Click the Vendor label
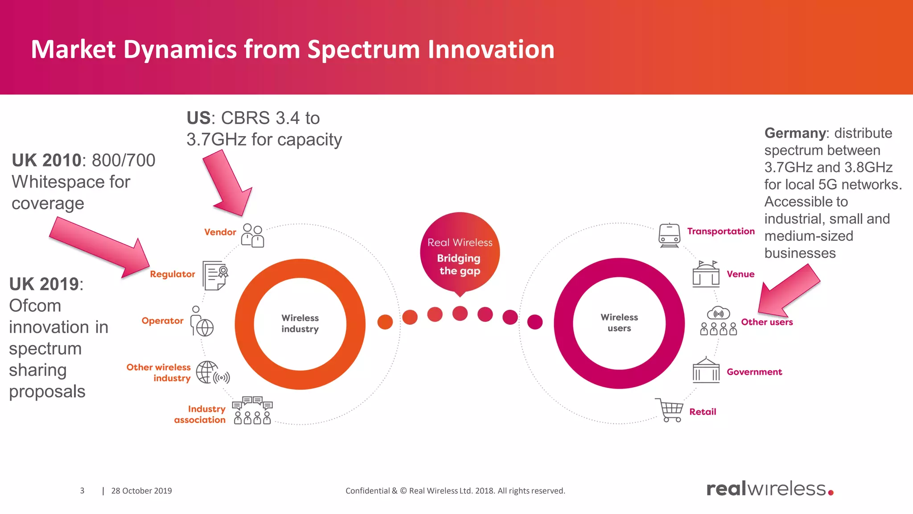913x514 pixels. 220,232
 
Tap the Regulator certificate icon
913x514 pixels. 215,275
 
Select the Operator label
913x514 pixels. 162,320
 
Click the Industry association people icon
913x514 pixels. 252,410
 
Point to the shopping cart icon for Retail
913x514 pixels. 670,410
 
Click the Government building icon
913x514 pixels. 706,370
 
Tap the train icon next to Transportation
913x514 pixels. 669,235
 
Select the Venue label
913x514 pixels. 740,274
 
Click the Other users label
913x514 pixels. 767,322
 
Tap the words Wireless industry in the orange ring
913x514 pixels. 300,323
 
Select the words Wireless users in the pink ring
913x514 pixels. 619,323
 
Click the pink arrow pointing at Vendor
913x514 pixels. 228,183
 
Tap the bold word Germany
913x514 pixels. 795,133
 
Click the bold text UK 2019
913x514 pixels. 44,284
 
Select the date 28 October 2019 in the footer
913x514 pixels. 141,491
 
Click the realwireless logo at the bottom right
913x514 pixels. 769,489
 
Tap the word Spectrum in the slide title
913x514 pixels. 363,50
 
